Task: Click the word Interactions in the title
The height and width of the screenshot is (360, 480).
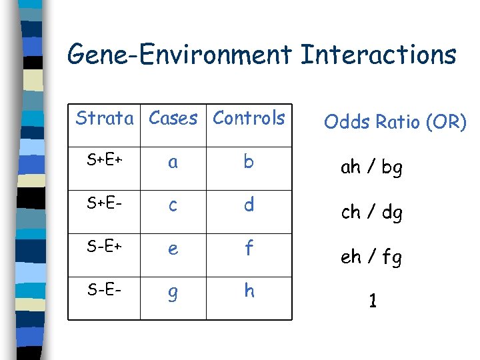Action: point(378,55)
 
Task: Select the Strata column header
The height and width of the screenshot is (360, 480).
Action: point(105,119)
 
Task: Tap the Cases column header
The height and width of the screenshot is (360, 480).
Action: point(173,119)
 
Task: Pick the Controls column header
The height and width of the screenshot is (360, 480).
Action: point(249,119)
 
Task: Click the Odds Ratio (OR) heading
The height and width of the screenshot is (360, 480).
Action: point(395,123)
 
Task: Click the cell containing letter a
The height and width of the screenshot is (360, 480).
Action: point(173,162)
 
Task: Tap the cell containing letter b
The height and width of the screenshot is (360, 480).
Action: point(249,162)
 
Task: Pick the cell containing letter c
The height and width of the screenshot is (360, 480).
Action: point(173,205)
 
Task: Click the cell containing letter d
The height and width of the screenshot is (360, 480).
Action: point(249,205)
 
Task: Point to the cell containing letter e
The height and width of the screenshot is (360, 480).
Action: point(173,249)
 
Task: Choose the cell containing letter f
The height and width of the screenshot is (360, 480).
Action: point(249,249)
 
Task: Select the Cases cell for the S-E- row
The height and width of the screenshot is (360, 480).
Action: point(173,293)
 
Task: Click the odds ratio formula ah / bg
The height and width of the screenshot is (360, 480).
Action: point(371,167)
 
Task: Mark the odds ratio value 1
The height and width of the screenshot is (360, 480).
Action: point(373,301)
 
